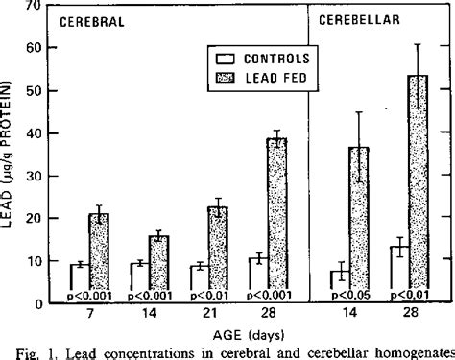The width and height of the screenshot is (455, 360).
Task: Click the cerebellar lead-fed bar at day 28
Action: pos(416,187)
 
